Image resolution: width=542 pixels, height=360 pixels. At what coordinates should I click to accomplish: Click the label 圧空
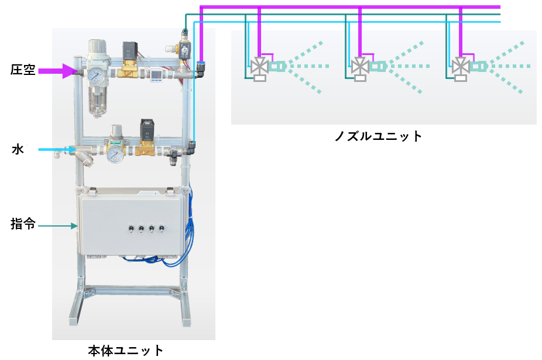pos(23,71)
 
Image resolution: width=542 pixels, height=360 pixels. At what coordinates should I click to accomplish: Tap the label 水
pos(18,150)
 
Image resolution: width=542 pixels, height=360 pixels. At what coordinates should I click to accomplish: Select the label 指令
pos(23,224)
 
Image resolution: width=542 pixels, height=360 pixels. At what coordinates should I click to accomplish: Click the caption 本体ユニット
pos(125,351)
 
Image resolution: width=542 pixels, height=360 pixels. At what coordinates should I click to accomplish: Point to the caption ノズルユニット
pos(378,136)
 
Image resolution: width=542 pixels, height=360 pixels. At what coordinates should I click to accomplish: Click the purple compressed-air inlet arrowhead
pos(71,71)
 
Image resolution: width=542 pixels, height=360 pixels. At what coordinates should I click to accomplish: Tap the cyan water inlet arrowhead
pos(72,150)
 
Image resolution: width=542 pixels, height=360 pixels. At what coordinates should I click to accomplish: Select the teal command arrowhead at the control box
pos(74,225)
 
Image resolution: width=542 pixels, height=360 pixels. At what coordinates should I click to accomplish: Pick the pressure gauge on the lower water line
pos(115,153)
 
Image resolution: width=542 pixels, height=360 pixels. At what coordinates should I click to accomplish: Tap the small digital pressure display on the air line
pos(156,74)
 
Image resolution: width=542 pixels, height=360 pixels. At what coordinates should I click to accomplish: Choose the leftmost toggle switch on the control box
pos(132,228)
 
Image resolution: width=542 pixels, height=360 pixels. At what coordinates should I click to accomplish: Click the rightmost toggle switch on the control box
pos(162,228)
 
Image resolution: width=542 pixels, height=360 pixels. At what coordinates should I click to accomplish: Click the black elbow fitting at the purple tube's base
pos(200,68)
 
